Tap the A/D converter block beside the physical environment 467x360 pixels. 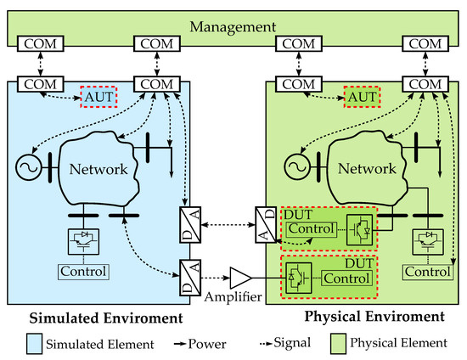tap(266, 228)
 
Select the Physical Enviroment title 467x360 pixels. tap(374, 317)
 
